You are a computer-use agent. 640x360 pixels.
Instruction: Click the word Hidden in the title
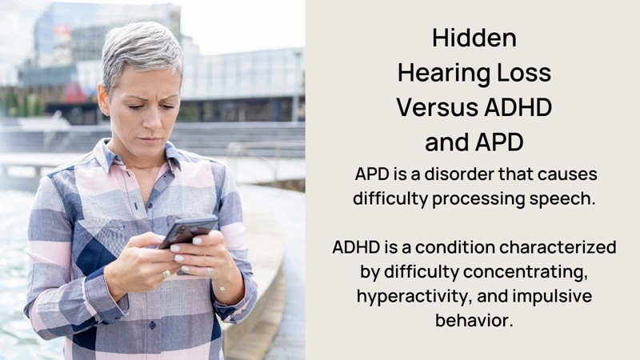(x=474, y=38)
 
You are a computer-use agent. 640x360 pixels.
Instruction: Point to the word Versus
(x=437, y=108)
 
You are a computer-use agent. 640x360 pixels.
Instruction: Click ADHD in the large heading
(x=518, y=108)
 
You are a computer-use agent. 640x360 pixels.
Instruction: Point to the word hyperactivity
(x=414, y=297)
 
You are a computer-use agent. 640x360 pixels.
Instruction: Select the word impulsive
(x=552, y=297)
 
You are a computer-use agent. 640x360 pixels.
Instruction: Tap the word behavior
(x=474, y=320)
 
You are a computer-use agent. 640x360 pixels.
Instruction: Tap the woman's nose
(x=153, y=118)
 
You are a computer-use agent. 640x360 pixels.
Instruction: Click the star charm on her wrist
(x=222, y=289)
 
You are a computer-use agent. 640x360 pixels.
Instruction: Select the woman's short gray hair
(x=141, y=51)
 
